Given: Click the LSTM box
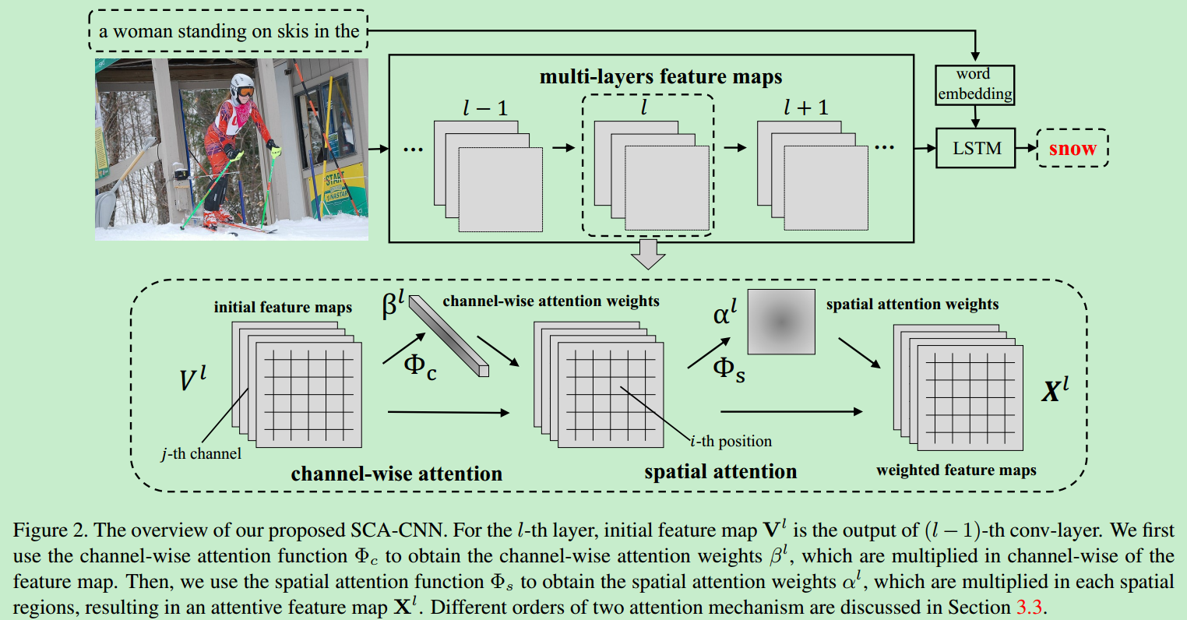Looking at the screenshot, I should pyautogui.click(x=976, y=148).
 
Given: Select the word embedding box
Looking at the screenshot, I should pyautogui.click(x=975, y=85).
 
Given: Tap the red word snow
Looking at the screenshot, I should pyautogui.click(x=1072, y=149).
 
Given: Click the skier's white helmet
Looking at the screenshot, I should pyautogui.click(x=242, y=84).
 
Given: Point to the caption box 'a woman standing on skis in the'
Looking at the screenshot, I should pyautogui.click(x=228, y=31).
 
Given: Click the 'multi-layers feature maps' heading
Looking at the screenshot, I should pyautogui.click(x=660, y=77).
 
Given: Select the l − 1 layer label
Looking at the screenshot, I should pyautogui.click(x=484, y=108).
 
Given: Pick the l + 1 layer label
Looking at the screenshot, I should pyautogui.click(x=805, y=107).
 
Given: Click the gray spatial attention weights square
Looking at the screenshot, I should pyautogui.click(x=781, y=322).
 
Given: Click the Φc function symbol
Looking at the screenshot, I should pyautogui.click(x=419, y=365).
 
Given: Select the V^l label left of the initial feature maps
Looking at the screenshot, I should pyautogui.click(x=192, y=379).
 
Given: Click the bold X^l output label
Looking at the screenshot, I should pyautogui.click(x=1055, y=389).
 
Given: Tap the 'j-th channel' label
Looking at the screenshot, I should pyautogui.click(x=201, y=453).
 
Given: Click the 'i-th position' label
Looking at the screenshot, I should pyautogui.click(x=731, y=442).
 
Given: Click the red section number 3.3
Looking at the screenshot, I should pyautogui.click(x=1029, y=607).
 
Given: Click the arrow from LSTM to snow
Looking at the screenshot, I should pyautogui.click(x=1026, y=148).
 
